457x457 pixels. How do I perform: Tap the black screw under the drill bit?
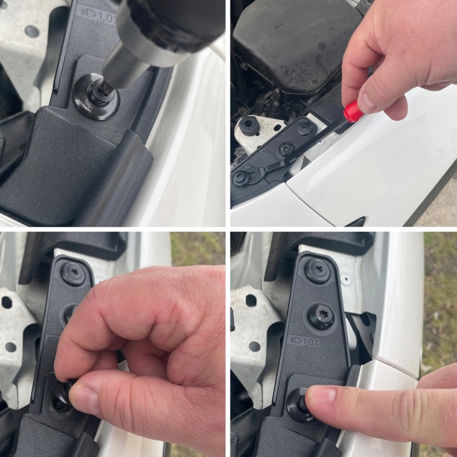pos(96,96)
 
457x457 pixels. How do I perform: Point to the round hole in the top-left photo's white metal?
pos(32,32)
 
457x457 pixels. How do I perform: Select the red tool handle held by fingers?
pos(354,111)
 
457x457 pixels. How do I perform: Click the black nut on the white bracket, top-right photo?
pos(248,125)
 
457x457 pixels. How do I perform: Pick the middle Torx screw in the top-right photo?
pos(287,149)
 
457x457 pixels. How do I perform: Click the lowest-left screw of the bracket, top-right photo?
pos(241,178)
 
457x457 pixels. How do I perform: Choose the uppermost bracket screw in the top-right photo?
pos(305,128)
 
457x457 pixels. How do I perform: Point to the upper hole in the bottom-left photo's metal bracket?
pos(7,302)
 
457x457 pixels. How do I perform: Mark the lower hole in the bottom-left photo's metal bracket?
pos(11,347)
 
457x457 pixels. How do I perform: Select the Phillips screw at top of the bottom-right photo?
pos(318,271)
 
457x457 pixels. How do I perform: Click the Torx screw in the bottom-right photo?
pos(321,317)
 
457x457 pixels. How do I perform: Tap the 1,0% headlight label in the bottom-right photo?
pos(305,341)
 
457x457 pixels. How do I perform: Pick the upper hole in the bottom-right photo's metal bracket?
pos(251,301)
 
